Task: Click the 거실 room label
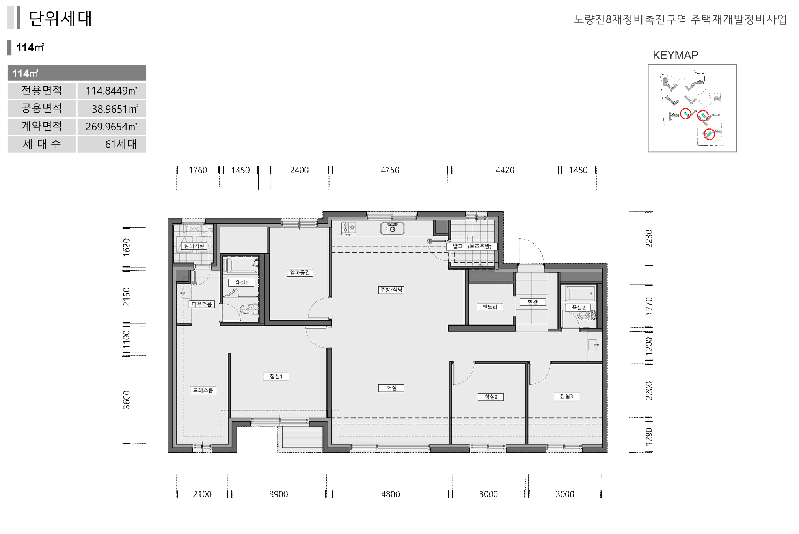pyautogui.click(x=391, y=388)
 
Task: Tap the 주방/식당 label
pyautogui.click(x=391, y=290)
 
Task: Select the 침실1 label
pyautogui.click(x=276, y=376)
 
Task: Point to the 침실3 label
pyautogui.click(x=566, y=396)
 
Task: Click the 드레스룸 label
pyautogui.click(x=203, y=390)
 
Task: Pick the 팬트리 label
pyautogui.click(x=490, y=307)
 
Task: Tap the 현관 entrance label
pyautogui.click(x=533, y=302)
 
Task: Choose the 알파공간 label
pyautogui.click(x=300, y=272)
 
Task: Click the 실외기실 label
pyautogui.click(x=194, y=246)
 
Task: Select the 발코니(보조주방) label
pyautogui.click(x=472, y=246)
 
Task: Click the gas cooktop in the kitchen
pyautogui.click(x=348, y=229)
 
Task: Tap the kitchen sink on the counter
pyautogui.click(x=392, y=228)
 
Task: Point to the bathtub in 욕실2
pyautogui.click(x=579, y=294)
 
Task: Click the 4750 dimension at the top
pyautogui.click(x=390, y=170)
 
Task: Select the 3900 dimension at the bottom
pyautogui.click(x=279, y=494)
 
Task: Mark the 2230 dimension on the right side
pyautogui.click(x=649, y=238)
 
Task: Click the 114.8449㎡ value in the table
pyautogui.click(x=112, y=91)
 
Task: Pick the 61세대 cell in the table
pyautogui.click(x=121, y=144)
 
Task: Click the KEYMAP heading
pyautogui.click(x=675, y=55)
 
